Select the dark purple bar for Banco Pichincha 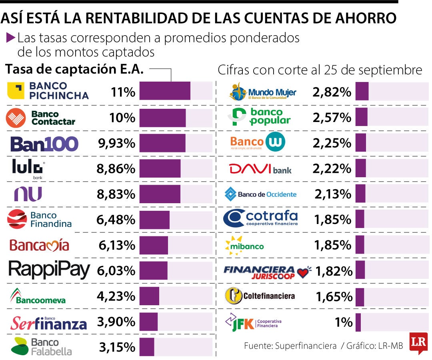pyautogui.click(x=165, y=91)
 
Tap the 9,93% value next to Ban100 pyautogui.click(x=117, y=143)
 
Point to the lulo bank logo pyautogui.click(x=28, y=169)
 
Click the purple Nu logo pyautogui.click(x=28, y=194)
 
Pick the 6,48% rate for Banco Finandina pyautogui.click(x=116, y=220)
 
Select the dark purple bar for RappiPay pyautogui.click(x=154, y=270)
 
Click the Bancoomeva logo pyautogui.click(x=38, y=296)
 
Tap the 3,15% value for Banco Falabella pyautogui.click(x=117, y=347)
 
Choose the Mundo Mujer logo pyautogui.click(x=262, y=92)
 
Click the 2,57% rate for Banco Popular pyautogui.click(x=332, y=118)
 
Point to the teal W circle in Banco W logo pyautogui.click(x=275, y=142)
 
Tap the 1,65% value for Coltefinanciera pyautogui.click(x=334, y=297)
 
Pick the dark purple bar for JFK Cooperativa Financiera pyautogui.click(x=358, y=322)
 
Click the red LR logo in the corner pyautogui.click(x=418, y=343)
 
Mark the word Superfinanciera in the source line pyautogui.click(x=306, y=346)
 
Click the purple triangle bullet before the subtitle pyautogui.click(x=11, y=38)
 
